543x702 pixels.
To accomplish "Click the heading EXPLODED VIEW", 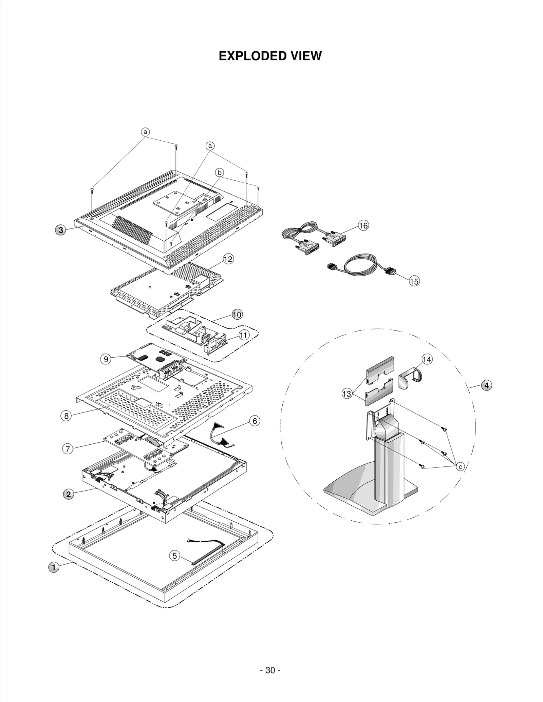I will point(270,56).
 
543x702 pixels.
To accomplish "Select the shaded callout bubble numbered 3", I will point(60,230).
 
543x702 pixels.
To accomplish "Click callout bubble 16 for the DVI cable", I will point(363,225).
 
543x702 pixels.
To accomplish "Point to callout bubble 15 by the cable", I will point(414,281).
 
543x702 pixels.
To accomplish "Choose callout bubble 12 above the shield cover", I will point(228,259).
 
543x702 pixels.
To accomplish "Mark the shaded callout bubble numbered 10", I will point(237,315).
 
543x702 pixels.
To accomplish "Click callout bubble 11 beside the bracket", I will point(244,335).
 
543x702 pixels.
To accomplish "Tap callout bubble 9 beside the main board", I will point(106,359).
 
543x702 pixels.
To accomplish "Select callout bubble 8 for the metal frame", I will point(66,416).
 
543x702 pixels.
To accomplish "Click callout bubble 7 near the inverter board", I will point(68,449).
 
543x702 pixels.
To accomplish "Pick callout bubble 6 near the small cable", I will point(255,421).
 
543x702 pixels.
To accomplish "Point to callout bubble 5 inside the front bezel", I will point(174,555).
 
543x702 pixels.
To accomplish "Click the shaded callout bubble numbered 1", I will point(54,567).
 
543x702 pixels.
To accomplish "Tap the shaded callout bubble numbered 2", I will point(69,494).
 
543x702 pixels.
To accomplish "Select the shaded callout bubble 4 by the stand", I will point(486,385).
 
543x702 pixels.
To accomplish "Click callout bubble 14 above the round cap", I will point(427,359).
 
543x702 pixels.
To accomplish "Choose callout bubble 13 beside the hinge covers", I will point(347,394).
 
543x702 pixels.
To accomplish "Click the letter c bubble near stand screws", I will point(460,467).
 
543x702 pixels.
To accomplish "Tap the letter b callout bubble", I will point(220,173).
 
